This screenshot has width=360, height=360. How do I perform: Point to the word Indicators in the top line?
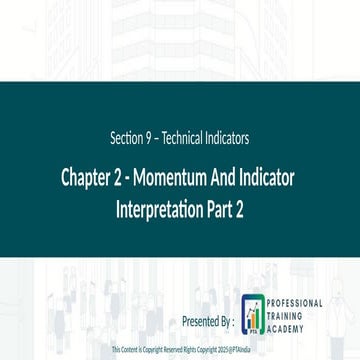point(229,135)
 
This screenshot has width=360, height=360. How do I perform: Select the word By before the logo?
point(225,321)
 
